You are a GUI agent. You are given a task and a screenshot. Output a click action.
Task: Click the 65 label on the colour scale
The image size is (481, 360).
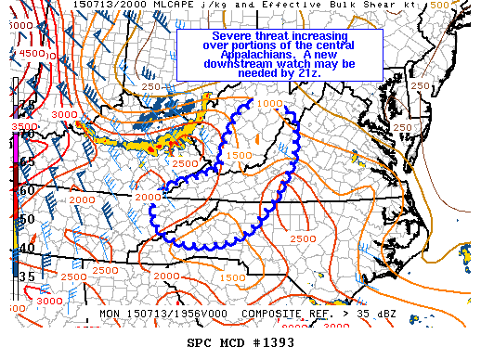coord(27,161)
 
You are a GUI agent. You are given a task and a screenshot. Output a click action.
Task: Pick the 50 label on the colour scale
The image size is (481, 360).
coord(27,219)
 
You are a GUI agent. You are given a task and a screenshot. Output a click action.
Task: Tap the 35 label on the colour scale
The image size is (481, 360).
coord(27,276)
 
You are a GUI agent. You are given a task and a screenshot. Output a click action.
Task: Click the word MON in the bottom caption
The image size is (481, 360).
coord(110,314)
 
